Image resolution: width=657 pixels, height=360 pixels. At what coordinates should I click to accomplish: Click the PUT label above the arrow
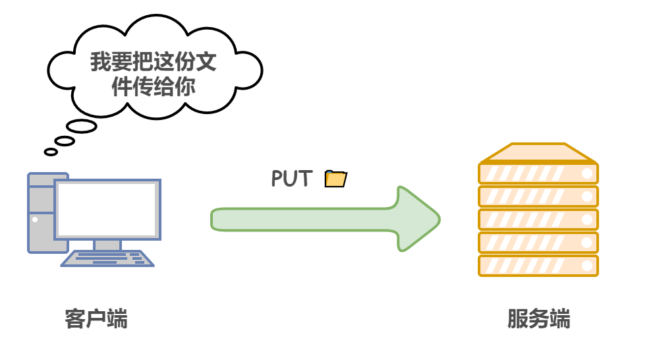(x=291, y=179)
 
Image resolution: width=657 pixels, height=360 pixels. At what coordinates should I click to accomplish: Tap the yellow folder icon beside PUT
(x=336, y=179)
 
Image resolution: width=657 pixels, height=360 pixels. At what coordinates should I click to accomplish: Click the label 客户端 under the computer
(x=96, y=319)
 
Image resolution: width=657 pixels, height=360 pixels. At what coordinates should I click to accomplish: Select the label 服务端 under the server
(x=538, y=319)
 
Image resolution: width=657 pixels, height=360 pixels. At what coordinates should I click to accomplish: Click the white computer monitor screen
(x=107, y=208)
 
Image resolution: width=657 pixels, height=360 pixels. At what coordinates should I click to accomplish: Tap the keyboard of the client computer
(x=107, y=258)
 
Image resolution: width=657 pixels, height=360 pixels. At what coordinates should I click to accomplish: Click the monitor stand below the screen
(x=107, y=245)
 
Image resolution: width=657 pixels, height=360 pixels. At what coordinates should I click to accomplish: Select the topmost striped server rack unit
(x=538, y=173)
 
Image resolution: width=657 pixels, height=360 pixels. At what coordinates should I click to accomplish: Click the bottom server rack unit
(x=538, y=265)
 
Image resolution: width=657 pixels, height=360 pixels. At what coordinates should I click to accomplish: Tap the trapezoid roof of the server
(x=538, y=153)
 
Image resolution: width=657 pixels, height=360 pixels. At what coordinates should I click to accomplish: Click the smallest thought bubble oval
(x=51, y=152)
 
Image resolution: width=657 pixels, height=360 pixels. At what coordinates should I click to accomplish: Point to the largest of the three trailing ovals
(x=82, y=126)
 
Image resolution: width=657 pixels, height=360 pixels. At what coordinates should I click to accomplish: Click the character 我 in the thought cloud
(x=101, y=63)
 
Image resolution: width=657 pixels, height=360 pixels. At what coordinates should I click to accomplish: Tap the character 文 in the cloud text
(x=206, y=63)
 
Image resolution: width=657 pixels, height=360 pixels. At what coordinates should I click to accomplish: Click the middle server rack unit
(x=538, y=219)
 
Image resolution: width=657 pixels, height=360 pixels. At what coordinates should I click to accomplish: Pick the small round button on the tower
(x=35, y=220)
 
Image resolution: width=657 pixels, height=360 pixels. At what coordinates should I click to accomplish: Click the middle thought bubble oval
(x=65, y=140)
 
